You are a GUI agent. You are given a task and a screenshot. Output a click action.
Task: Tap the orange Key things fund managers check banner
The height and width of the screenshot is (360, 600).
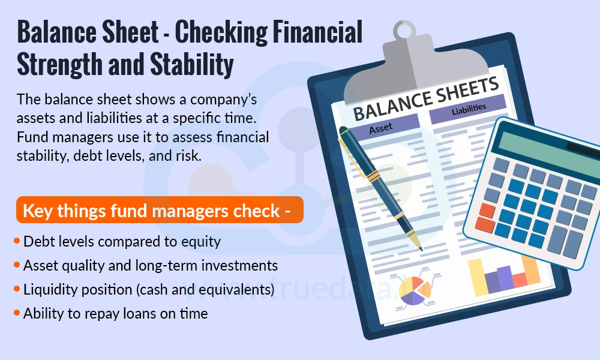pos(159,211)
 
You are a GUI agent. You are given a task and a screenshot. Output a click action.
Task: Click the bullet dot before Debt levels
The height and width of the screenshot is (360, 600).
pos(16,242)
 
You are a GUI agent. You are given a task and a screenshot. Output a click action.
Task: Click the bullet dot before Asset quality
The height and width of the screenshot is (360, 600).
pos(16,265)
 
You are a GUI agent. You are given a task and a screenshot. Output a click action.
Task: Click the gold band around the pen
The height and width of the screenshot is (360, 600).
pos(373,176)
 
